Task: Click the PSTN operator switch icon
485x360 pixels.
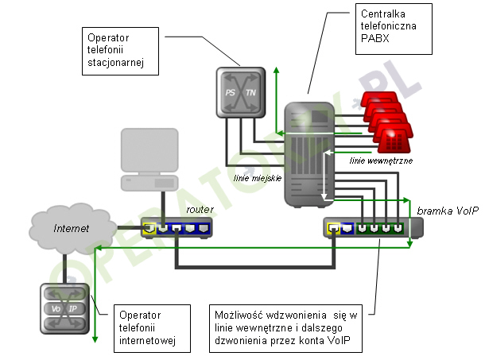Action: click(241, 93)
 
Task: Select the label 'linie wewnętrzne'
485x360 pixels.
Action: click(376, 160)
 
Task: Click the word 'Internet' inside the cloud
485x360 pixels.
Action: click(71, 229)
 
